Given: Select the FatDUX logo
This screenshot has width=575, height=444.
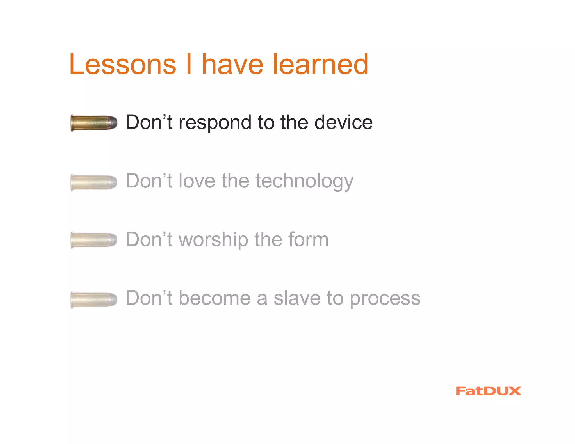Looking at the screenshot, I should click(x=488, y=391).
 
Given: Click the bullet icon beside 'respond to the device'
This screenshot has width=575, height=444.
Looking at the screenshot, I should click(x=94, y=123).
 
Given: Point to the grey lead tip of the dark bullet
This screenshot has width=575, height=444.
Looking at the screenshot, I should click(x=113, y=123).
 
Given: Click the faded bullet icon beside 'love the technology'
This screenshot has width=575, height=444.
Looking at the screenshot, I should click(x=94, y=182).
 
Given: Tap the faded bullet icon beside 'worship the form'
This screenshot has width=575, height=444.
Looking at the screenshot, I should click(x=94, y=240).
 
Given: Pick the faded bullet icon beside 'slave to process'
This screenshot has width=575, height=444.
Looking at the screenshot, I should click(x=94, y=299).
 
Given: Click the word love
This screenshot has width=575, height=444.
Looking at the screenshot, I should click(x=197, y=181).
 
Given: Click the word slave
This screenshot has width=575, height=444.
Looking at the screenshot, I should click(x=297, y=298).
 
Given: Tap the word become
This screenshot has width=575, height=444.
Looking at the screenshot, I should click(x=215, y=298).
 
